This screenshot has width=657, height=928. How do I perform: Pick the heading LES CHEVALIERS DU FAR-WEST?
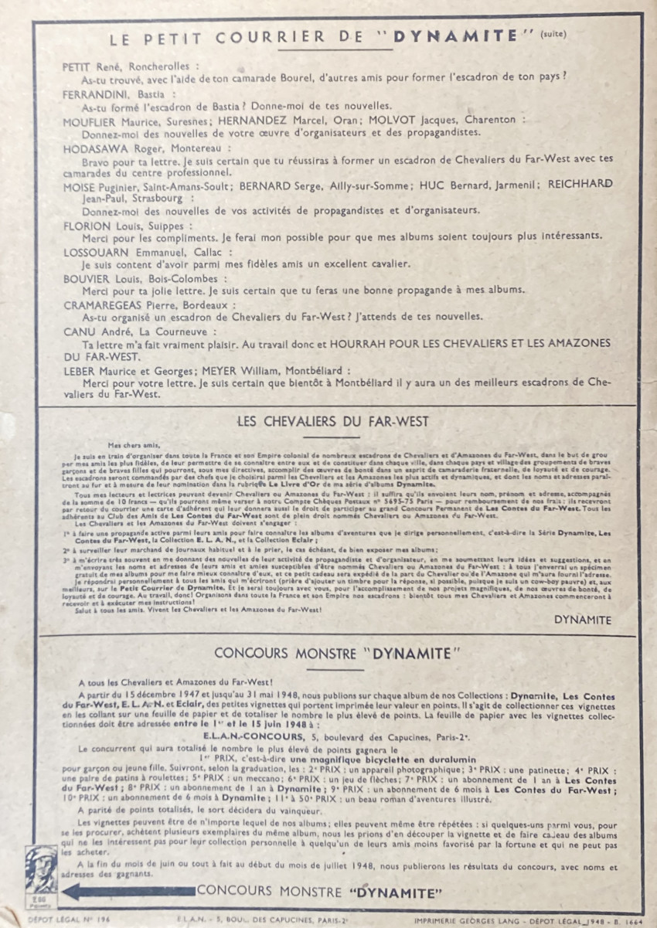(333, 422)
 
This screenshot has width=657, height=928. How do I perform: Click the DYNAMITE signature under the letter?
(582, 620)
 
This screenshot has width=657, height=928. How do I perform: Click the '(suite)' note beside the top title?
(553, 34)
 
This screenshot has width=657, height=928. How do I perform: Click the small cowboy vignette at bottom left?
(43, 880)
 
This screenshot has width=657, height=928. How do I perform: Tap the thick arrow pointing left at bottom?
(128, 891)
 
